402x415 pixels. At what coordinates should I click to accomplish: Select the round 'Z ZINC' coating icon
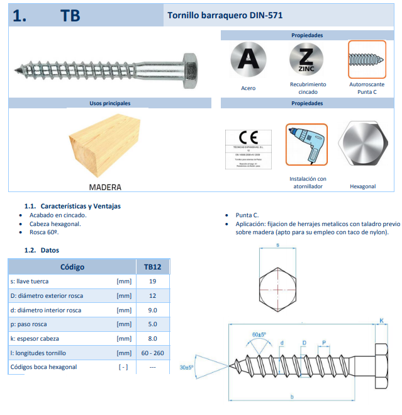307,59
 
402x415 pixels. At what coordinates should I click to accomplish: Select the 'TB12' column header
152,266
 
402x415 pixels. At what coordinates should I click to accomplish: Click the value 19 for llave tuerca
152,281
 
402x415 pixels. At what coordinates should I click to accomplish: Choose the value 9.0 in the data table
152,310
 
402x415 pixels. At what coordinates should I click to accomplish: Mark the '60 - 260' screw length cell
152,353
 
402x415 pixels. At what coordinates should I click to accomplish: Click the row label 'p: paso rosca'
33,324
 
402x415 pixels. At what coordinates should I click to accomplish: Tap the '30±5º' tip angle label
187,367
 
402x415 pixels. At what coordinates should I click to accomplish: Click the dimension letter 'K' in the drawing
381,321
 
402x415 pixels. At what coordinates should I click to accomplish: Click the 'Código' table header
72,266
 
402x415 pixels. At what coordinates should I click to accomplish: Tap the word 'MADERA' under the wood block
104,187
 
